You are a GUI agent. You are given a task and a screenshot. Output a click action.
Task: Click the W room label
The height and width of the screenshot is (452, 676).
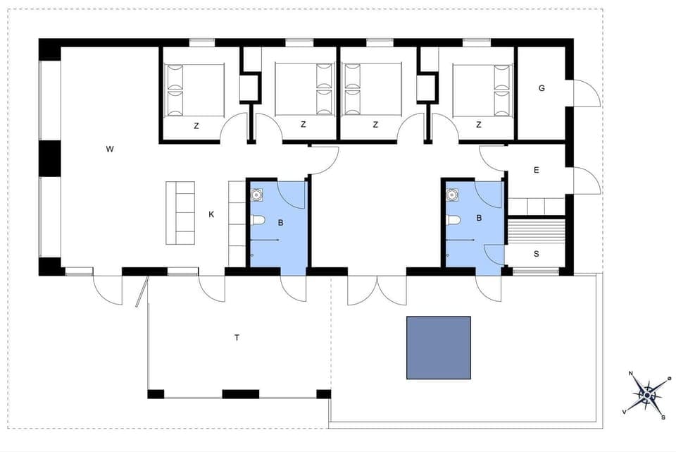[x=110, y=149]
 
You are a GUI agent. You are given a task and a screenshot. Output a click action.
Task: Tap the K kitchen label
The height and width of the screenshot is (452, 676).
[x=211, y=214]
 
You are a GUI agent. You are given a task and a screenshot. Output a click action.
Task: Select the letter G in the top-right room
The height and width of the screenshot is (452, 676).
[x=542, y=88]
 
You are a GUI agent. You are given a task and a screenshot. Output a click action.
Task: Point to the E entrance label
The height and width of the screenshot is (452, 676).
[x=537, y=170]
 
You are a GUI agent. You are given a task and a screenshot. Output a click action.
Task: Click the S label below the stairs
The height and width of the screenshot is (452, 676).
[x=537, y=254]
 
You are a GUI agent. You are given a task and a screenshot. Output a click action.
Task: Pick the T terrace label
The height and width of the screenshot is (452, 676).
[x=237, y=338]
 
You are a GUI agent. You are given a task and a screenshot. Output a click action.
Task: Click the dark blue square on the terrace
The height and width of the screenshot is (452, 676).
[x=438, y=348]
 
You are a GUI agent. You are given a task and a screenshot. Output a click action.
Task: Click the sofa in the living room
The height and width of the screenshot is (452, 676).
[x=180, y=213]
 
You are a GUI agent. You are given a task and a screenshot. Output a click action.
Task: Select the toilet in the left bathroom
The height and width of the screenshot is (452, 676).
[x=257, y=220]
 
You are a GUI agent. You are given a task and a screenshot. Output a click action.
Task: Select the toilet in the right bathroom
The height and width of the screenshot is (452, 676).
[x=453, y=220]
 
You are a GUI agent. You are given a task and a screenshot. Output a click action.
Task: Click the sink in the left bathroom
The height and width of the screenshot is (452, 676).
[x=257, y=193]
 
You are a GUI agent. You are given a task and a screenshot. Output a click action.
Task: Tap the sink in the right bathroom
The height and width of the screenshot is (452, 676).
[x=453, y=193]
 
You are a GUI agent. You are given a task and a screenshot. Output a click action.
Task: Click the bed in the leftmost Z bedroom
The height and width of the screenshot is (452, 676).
[x=194, y=90]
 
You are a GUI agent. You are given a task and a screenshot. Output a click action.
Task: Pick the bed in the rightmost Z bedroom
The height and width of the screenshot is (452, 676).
[x=481, y=90]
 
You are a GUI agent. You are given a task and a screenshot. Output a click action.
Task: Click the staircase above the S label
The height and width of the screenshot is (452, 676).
[x=537, y=231]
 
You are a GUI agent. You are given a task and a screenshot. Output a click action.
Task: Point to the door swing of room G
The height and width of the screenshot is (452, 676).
[x=586, y=94]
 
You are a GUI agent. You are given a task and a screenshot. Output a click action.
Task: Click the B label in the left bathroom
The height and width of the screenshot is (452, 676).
[x=280, y=223]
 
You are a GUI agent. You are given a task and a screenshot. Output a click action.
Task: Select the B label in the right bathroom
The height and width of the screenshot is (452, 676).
[x=479, y=219]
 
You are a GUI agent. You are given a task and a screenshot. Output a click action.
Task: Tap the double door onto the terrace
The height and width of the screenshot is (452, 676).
[x=377, y=289]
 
